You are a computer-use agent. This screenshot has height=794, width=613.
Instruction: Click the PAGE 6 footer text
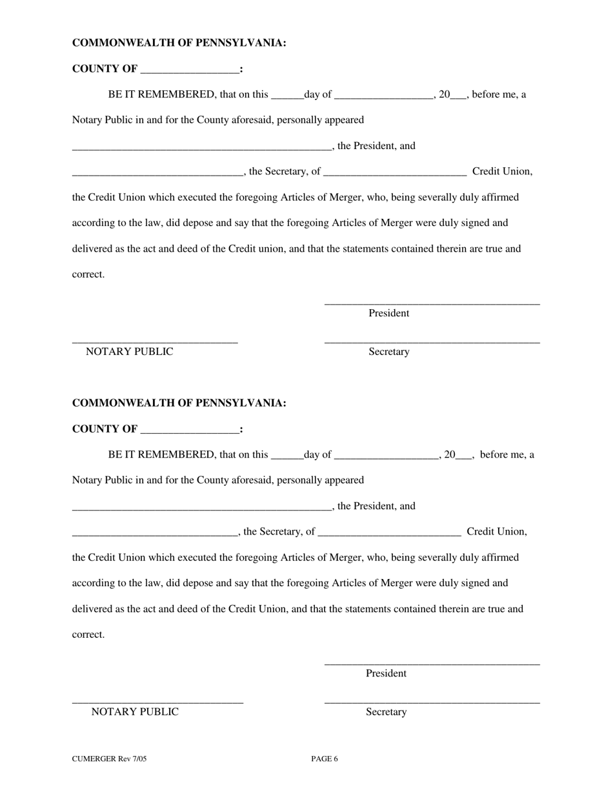[x=324, y=759]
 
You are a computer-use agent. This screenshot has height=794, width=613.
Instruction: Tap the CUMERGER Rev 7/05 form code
[x=109, y=759]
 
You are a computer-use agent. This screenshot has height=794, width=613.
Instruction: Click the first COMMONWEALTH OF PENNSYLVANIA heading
[x=179, y=43]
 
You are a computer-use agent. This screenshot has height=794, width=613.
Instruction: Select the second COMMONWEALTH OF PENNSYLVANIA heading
[x=179, y=403]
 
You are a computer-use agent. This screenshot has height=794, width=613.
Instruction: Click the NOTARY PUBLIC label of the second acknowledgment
[x=135, y=712]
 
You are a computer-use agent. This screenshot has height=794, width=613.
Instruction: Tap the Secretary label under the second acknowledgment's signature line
[x=386, y=712]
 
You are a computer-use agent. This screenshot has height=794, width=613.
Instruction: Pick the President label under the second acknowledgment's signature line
[x=386, y=673]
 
